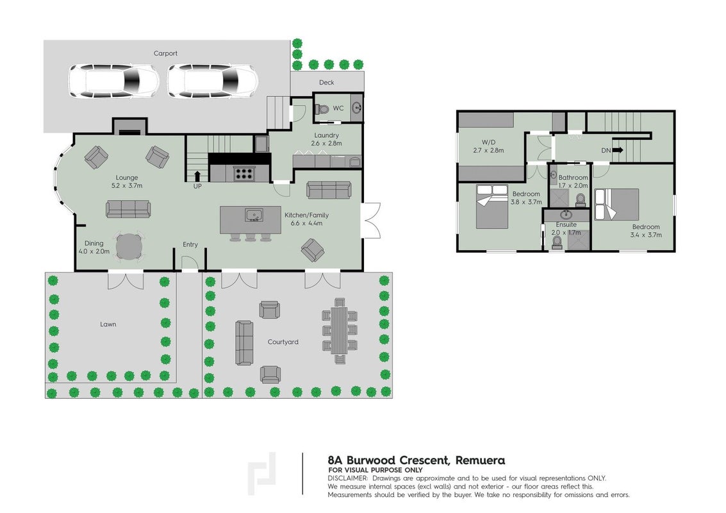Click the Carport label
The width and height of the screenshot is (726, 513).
click(x=165, y=53)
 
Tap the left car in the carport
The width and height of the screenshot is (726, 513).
click(x=114, y=81)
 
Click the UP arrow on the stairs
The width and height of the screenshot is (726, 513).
click(x=198, y=176)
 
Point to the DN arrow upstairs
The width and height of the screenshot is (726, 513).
click(x=618, y=150)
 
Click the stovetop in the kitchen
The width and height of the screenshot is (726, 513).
click(x=243, y=173)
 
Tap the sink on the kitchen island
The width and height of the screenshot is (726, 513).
click(x=254, y=215)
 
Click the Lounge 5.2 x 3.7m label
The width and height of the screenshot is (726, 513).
click(x=127, y=181)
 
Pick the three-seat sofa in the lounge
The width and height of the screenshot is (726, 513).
click(x=128, y=209)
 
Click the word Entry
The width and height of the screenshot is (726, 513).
click(x=190, y=244)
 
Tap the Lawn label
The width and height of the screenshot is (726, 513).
click(x=108, y=324)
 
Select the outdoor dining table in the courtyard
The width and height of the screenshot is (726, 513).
click(x=340, y=331)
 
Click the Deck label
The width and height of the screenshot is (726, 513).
click(x=326, y=83)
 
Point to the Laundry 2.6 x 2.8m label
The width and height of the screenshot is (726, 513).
click(x=326, y=139)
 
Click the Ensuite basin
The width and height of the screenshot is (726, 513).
click(x=565, y=215)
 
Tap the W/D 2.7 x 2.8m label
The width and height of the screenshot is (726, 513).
click(x=488, y=146)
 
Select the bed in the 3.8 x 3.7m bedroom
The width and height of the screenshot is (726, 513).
click(x=492, y=206)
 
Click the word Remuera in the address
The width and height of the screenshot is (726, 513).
click(x=480, y=460)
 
